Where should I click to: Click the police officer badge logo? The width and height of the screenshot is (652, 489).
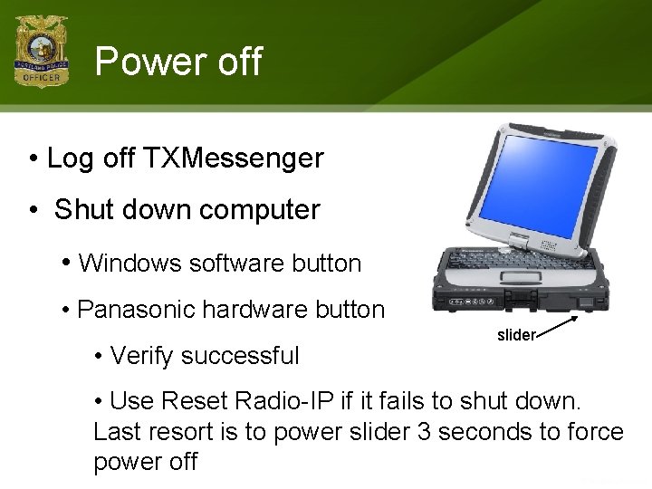pyautogui.click(x=41, y=51)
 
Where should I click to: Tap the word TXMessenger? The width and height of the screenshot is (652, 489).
pyautogui.click(x=234, y=158)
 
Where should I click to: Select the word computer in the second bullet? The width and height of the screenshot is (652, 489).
pyautogui.click(x=260, y=210)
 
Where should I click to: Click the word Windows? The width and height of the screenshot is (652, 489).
pyautogui.click(x=129, y=264)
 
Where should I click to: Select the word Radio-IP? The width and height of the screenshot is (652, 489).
pyautogui.click(x=284, y=400)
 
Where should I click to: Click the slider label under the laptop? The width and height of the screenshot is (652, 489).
pyautogui.click(x=516, y=335)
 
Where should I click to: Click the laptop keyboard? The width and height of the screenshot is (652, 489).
pyautogui.click(x=523, y=258)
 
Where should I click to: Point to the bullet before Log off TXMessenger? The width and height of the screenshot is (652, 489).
pyautogui.click(x=34, y=158)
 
